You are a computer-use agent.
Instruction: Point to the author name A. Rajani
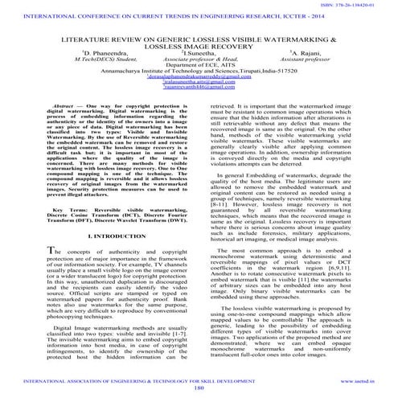pyautogui.click(x=306, y=74)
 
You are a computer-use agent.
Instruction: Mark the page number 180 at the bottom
pyautogui.click(x=198, y=391)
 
